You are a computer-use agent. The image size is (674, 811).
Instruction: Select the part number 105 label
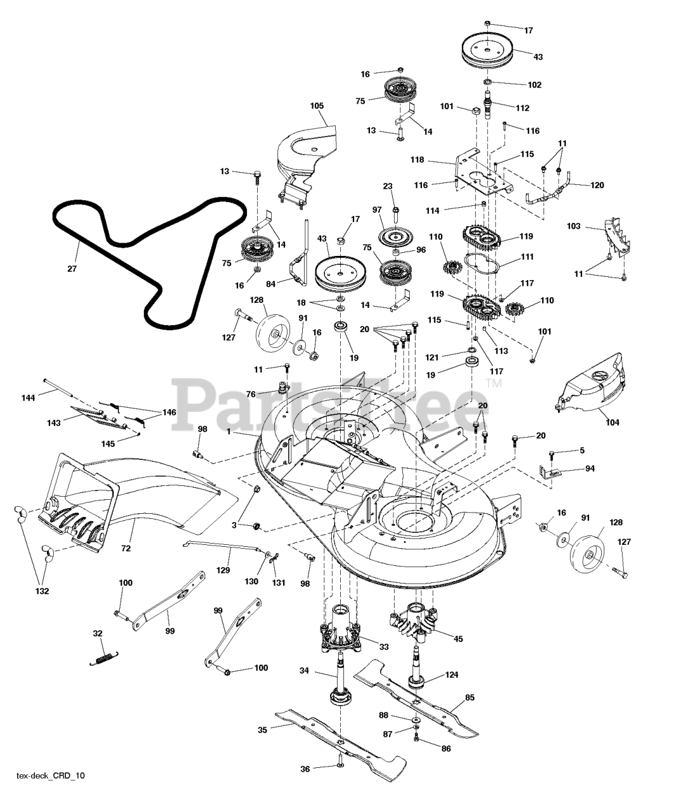(x=317, y=105)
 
